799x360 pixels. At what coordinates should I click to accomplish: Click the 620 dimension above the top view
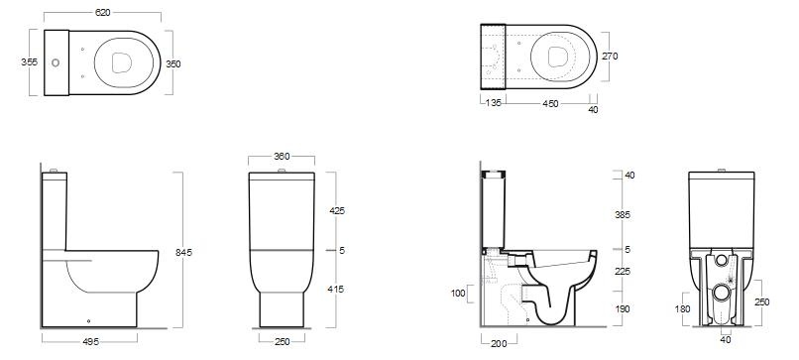[102, 13]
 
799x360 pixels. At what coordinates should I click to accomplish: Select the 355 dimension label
[29, 62]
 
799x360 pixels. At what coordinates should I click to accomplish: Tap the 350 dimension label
[173, 64]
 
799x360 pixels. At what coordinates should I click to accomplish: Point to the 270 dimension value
[610, 57]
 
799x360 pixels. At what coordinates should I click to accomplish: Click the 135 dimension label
[494, 103]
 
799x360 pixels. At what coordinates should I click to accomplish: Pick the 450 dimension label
[550, 103]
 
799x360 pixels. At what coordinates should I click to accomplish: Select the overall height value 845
[184, 253]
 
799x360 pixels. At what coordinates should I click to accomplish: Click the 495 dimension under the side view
[90, 341]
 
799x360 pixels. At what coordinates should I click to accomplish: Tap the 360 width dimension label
[282, 157]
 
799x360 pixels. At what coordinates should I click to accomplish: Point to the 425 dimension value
[337, 210]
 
